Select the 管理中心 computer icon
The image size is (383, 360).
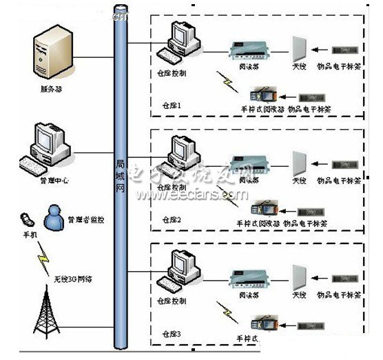[45, 146]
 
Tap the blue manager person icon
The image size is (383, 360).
[54, 217]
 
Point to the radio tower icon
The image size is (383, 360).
[47, 318]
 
